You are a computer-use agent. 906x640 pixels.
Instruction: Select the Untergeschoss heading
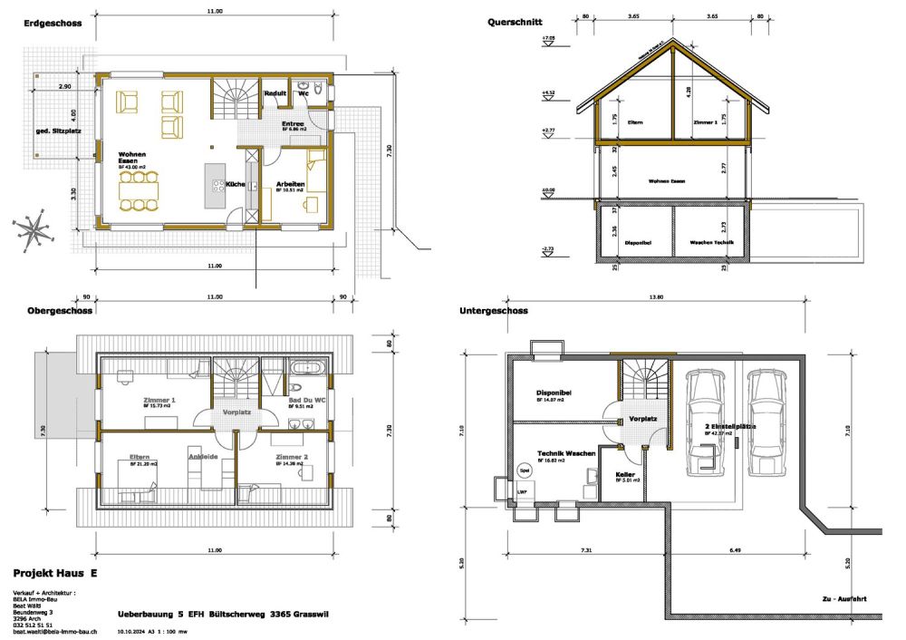[493, 310]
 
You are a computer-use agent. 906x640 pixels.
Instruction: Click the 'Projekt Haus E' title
[55, 574]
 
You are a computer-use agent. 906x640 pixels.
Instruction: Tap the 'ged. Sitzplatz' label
[53, 131]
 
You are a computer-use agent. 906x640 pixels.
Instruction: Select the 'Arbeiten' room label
[290, 184]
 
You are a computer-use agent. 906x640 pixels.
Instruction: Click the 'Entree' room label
[293, 124]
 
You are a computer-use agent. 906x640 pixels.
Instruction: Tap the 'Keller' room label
[625, 474]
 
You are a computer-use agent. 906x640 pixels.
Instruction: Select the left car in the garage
[706, 422]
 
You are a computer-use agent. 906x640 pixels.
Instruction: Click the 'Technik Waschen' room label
[566, 452]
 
